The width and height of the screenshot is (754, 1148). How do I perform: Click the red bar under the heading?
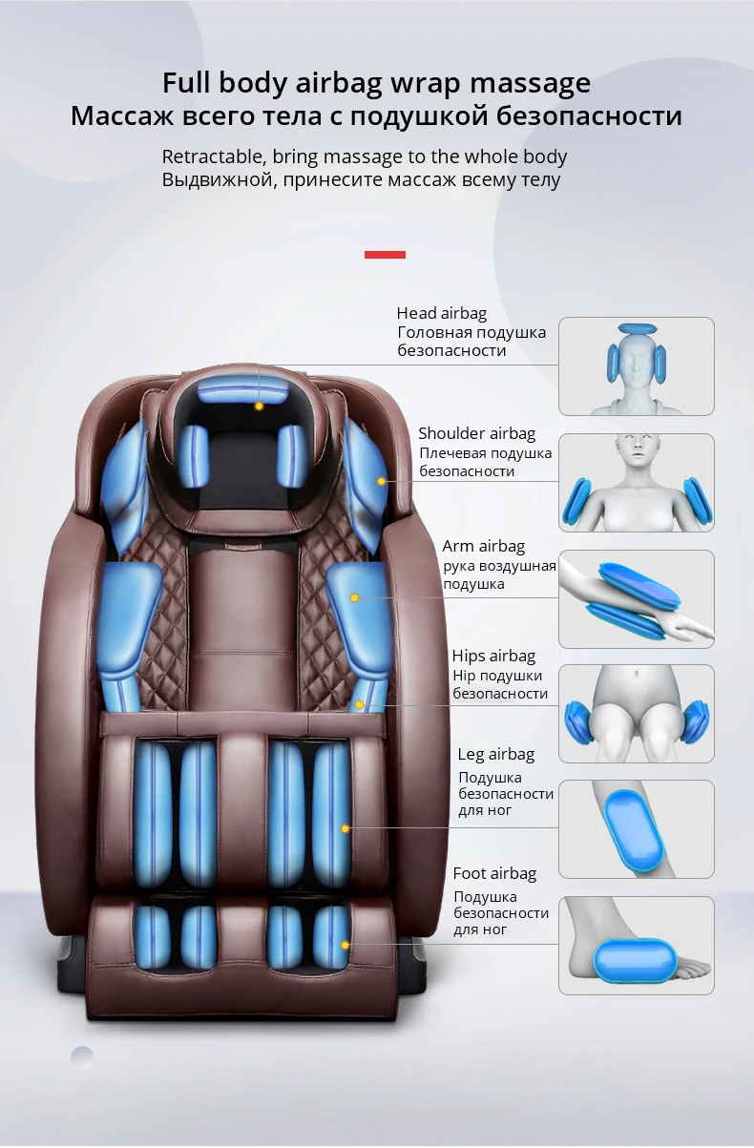tap(385, 255)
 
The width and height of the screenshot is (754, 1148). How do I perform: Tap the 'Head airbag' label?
tap(441, 313)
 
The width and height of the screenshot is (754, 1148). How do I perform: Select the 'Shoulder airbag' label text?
tap(476, 434)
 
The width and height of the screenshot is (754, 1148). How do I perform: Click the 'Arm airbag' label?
tap(483, 547)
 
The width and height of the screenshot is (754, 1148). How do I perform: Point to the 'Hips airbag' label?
tap(492, 656)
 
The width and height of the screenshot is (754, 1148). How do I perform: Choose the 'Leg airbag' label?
tap(495, 754)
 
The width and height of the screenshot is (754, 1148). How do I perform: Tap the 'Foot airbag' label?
tap(494, 873)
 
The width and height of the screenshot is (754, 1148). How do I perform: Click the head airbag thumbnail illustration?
tap(636, 366)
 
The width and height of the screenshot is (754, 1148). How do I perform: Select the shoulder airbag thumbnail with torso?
tap(636, 483)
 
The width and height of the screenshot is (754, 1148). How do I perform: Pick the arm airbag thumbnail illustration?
tap(636, 598)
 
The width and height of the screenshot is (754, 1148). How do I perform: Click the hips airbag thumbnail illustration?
tap(636, 714)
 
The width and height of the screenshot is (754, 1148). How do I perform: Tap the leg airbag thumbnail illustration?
tap(636, 829)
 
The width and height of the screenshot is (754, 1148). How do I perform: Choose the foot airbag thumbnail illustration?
tap(636, 946)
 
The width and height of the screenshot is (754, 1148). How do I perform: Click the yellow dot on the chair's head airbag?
tap(259, 406)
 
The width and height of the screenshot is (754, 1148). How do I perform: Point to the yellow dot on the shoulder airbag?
tap(381, 481)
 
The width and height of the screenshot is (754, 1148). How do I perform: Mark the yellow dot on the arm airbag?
tap(354, 598)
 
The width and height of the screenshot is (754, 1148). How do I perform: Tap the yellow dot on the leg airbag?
tap(346, 828)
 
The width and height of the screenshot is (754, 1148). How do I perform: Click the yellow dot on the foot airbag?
tap(346, 945)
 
